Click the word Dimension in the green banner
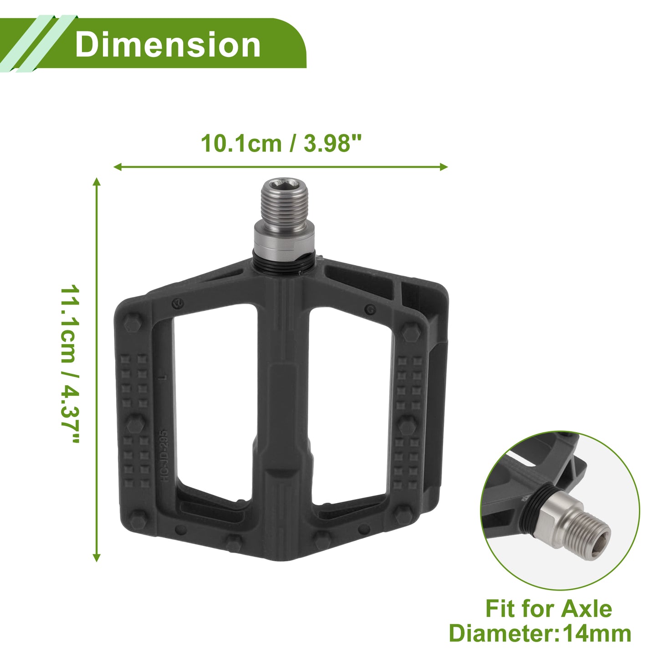(x=168, y=45)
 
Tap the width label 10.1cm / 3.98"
(x=281, y=143)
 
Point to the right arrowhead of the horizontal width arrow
(x=444, y=167)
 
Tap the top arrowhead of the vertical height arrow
(x=97, y=182)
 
